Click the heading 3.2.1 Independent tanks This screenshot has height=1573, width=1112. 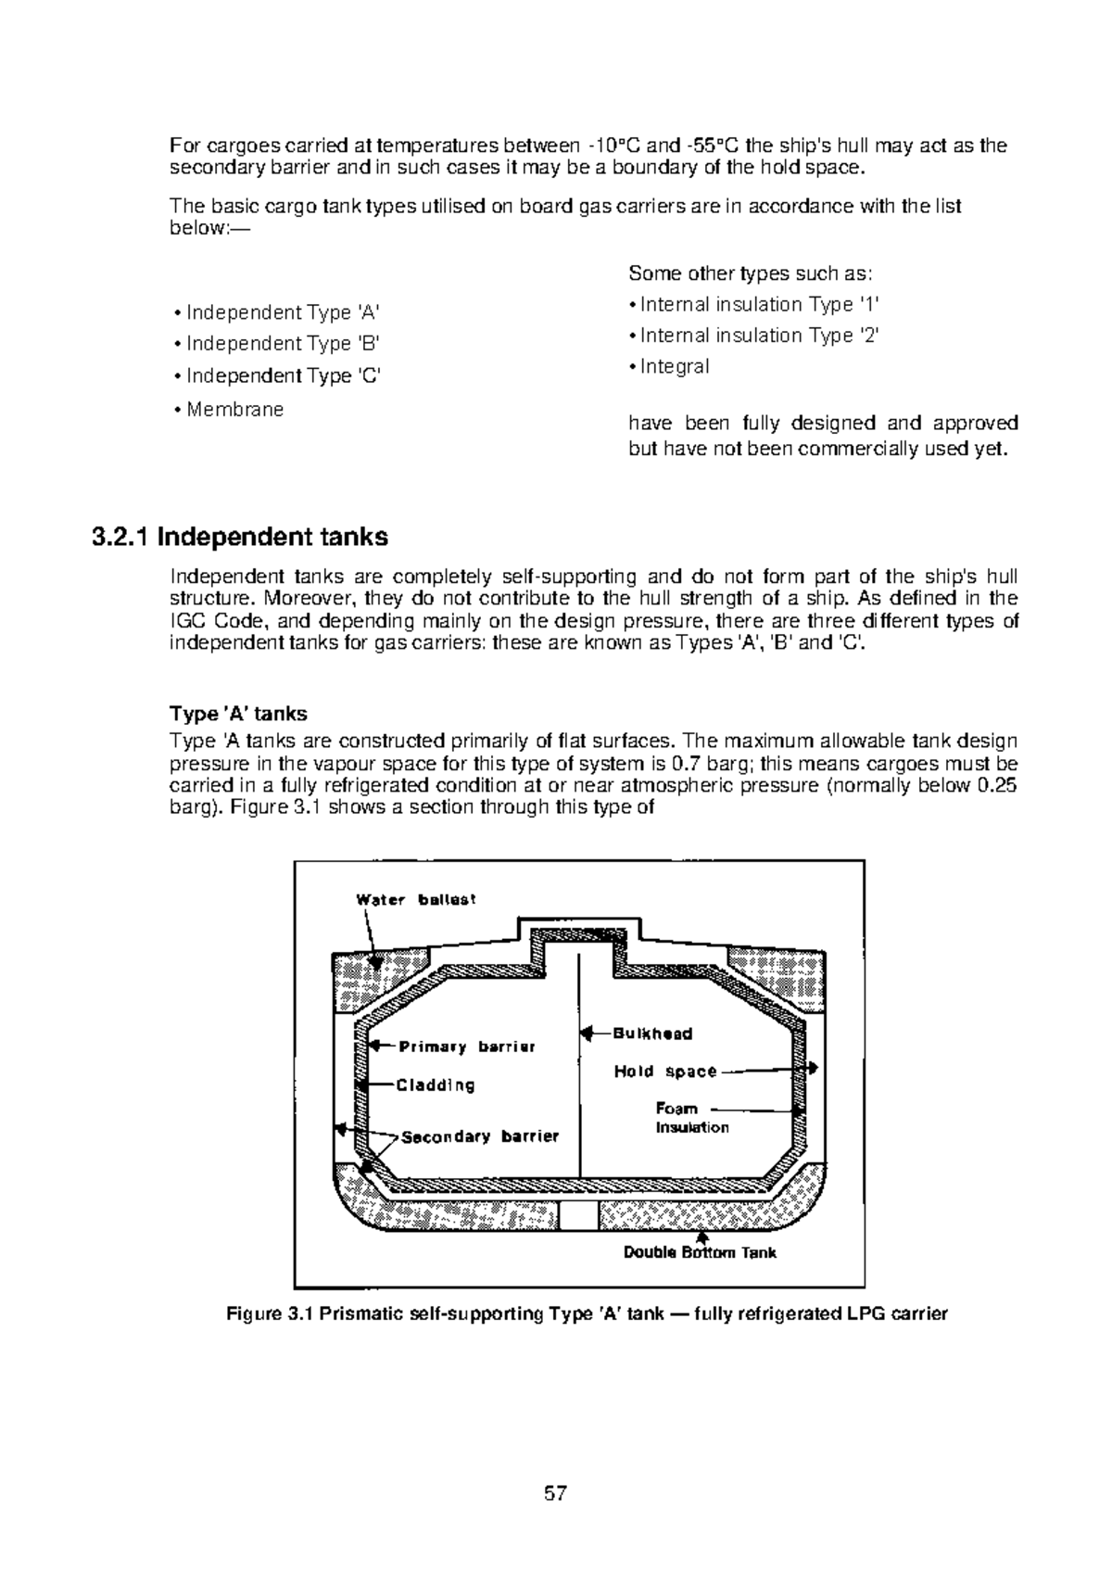(240, 538)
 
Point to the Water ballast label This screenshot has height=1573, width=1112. (416, 900)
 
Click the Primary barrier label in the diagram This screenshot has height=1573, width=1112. (467, 1047)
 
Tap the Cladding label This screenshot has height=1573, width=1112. (436, 1085)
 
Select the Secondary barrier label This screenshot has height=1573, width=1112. (480, 1136)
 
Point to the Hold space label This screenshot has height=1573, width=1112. (665, 1072)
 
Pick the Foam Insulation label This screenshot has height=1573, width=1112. (691, 1118)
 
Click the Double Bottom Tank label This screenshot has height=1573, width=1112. (700, 1253)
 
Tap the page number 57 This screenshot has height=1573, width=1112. (555, 1493)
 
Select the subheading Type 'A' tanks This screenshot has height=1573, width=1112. (238, 714)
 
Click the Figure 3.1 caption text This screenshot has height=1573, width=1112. (588, 1313)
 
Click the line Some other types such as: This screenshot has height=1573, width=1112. (751, 273)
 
